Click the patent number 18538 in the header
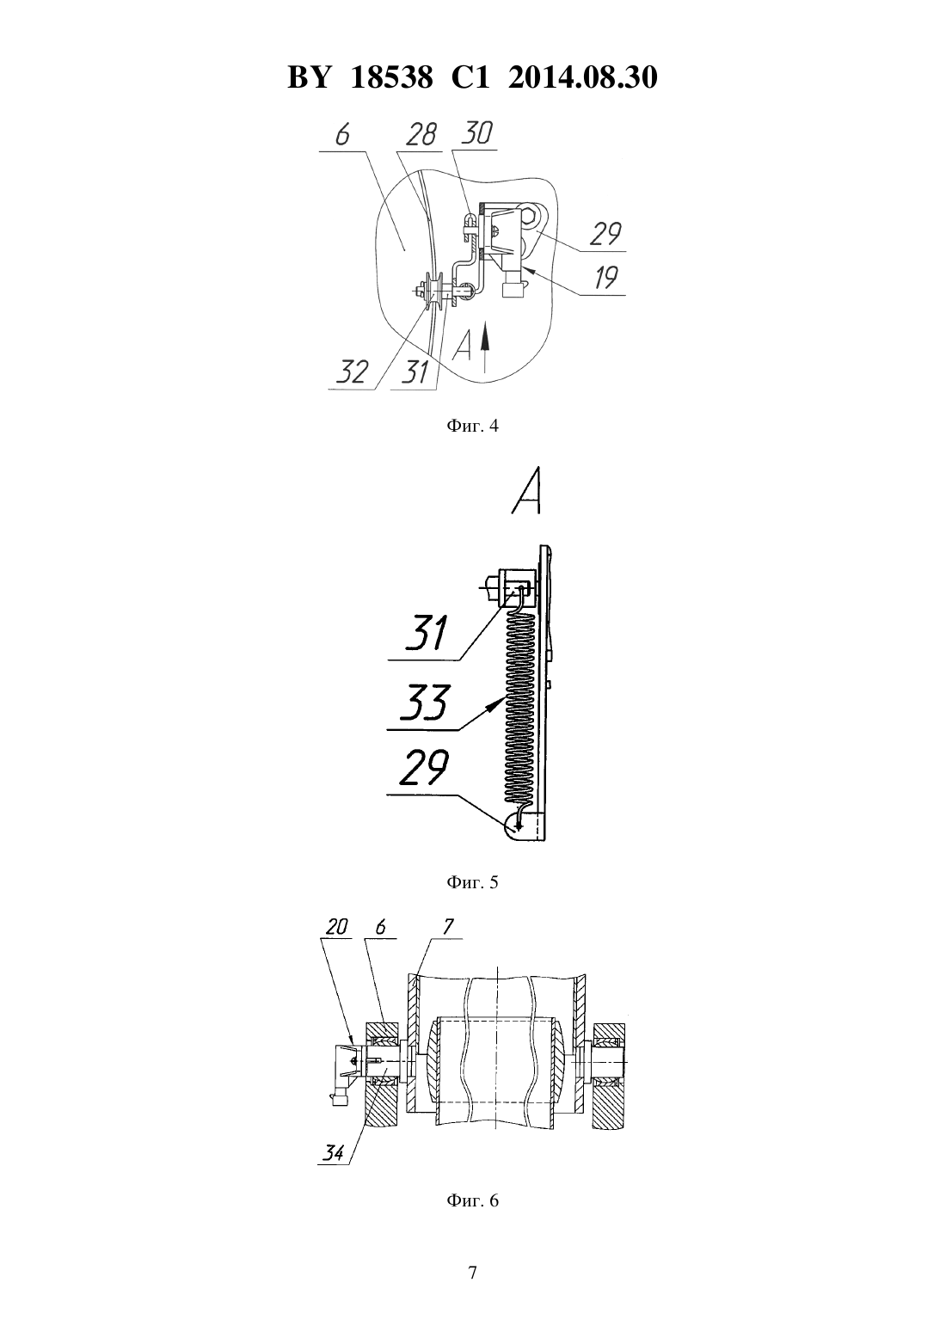pyautogui.click(x=391, y=77)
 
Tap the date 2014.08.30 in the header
pyautogui.click(x=583, y=77)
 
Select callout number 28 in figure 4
pyautogui.click(x=421, y=135)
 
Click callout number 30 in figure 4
pyautogui.click(x=478, y=133)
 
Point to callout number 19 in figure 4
pyautogui.click(x=605, y=278)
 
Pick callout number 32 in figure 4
pyautogui.click(x=352, y=372)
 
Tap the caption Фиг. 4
pyautogui.click(x=472, y=426)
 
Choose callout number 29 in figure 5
pyautogui.click(x=424, y=768)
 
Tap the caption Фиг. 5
pyautogui.click(x=472, y=882)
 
